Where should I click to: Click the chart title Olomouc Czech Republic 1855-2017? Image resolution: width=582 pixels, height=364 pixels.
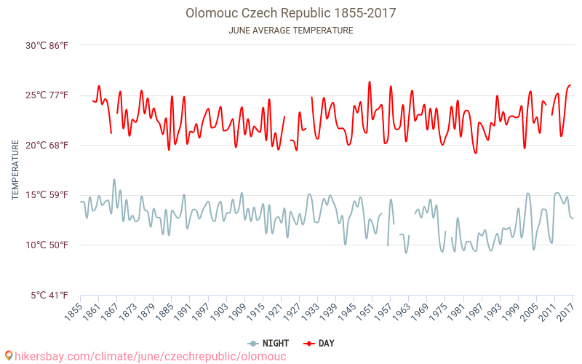291,13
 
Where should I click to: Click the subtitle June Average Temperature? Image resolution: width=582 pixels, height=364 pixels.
291,31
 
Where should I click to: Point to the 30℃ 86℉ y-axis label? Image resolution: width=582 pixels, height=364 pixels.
47,45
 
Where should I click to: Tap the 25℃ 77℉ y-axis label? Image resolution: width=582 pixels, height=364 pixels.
47,95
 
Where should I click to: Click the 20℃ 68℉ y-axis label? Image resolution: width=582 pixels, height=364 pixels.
47,145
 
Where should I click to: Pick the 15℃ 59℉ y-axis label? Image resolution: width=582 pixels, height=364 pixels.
47,195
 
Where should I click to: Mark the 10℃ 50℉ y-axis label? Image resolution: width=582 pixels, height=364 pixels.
47,245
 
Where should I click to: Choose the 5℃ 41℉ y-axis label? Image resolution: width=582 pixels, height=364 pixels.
50,295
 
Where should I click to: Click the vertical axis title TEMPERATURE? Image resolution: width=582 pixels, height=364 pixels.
15,170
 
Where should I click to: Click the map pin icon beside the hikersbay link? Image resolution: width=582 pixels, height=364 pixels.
8,356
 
